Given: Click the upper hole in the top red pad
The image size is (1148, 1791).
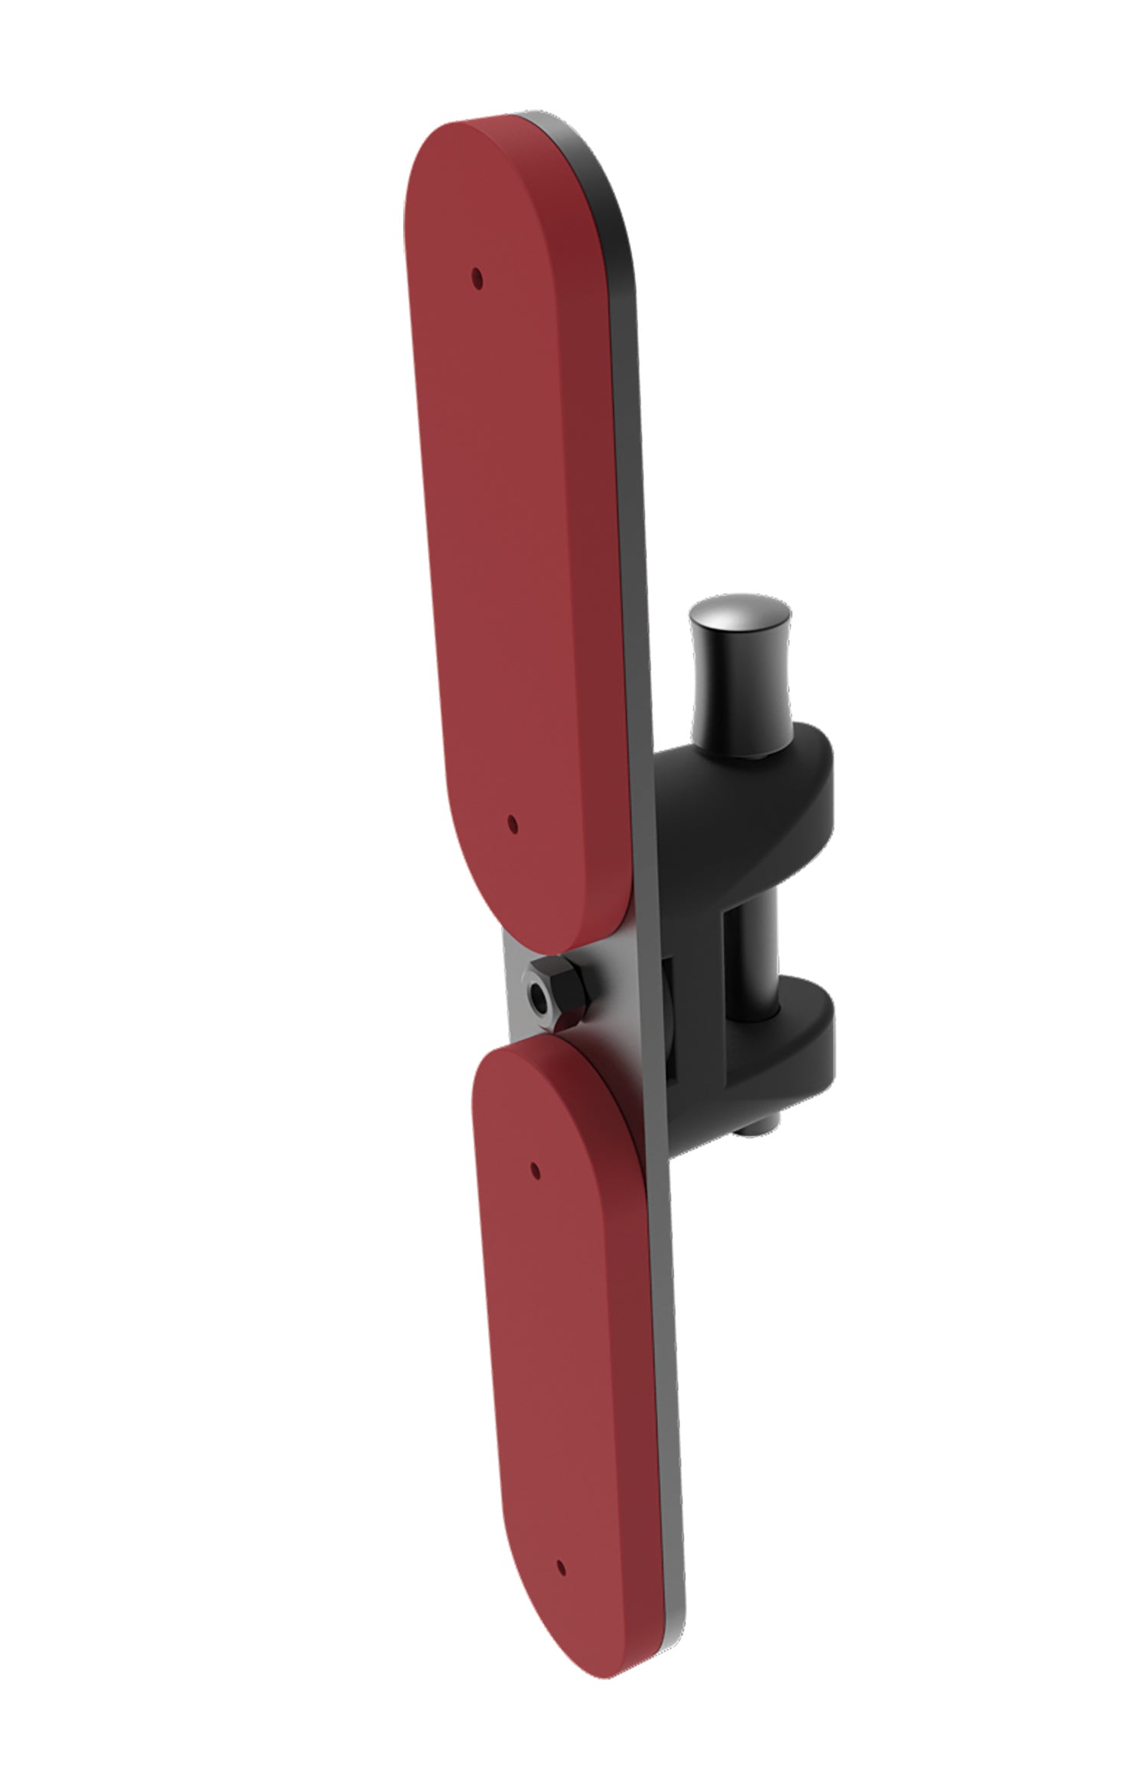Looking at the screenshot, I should pyautogui.click(x=477, y=278).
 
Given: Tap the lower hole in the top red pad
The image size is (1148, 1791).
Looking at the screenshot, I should pyautogui.click(x=512, y=823).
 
